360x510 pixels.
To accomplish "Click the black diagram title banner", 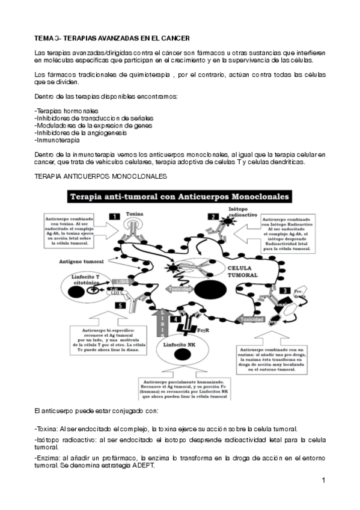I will [180, 197].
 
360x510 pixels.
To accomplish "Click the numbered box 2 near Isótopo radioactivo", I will [213, 217].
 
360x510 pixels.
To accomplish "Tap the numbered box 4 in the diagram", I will [174, 319].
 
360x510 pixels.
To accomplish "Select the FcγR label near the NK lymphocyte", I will [203, 330].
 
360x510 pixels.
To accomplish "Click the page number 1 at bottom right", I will [323, 480].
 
